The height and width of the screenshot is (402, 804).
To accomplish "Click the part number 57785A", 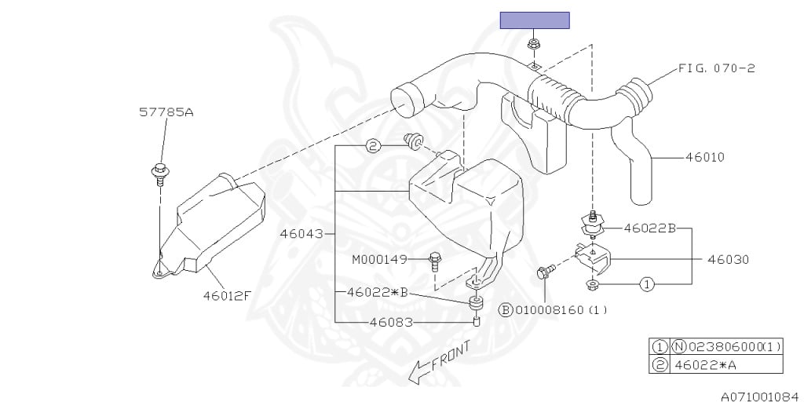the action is point(166,112).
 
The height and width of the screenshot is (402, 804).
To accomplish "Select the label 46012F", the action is point(227,296).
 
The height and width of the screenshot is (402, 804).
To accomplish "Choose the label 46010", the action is point(704,157).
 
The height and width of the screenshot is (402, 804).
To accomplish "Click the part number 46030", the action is point(728,258).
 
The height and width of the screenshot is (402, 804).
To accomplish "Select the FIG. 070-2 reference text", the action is point(717,68).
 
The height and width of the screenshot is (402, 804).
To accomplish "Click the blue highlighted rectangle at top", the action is point(535,20).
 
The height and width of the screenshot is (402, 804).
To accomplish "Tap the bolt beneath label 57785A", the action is point(159,171).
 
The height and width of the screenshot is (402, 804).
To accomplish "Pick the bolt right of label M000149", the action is point(436,259).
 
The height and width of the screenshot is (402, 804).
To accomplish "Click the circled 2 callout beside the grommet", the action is point(373,145).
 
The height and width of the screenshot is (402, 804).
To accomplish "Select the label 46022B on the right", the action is point(649,228).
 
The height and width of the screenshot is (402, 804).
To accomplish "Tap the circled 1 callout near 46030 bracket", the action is point(646,283).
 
